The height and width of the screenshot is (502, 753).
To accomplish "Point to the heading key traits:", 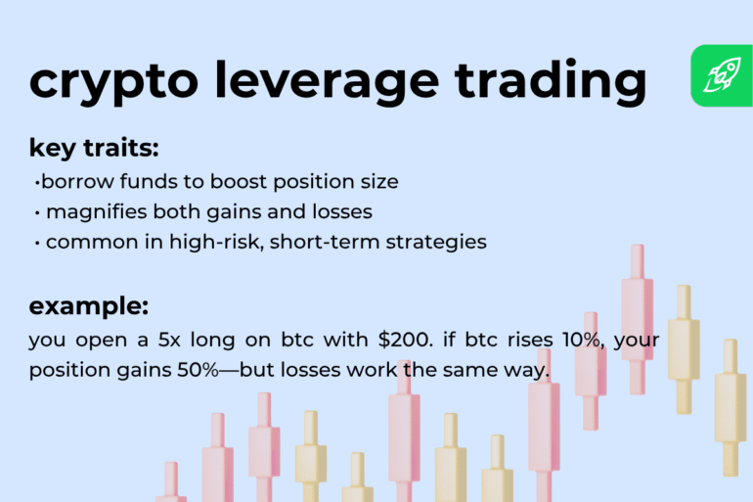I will [94, 149].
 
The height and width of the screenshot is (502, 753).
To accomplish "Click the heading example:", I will [89, 305].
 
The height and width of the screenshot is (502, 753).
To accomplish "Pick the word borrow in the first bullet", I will [69, 182].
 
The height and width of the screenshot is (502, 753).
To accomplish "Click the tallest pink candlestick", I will [637, 318].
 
